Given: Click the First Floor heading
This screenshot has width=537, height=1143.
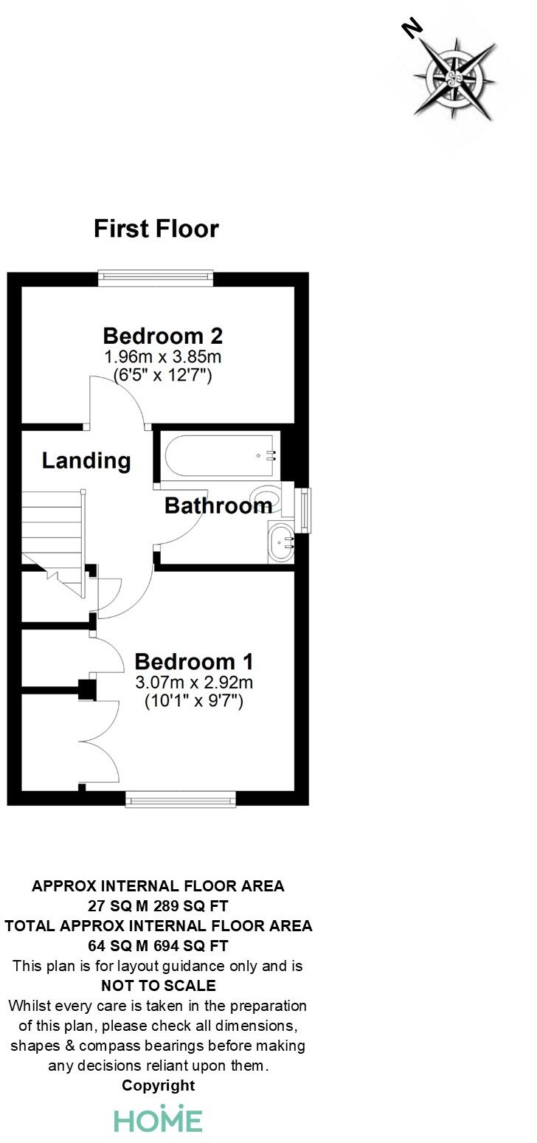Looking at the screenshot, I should click(x=156, y=229).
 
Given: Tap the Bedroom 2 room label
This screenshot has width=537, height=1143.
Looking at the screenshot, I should click(x=162, y=336).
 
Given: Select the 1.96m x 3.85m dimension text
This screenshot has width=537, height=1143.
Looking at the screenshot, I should click(x=162, y=357).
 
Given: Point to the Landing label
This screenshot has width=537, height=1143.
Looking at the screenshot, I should click(x=86, y=461).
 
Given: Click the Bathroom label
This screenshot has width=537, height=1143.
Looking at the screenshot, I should click(x=218, y=505).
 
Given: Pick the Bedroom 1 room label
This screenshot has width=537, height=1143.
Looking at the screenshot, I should click(x=194, y=661).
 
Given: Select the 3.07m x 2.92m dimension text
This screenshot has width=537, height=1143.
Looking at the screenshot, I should click(x=194, y=683).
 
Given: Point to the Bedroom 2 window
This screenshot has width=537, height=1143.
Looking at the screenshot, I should click(x=156, y=278).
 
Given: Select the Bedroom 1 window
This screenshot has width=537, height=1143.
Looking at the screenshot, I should click(x=181, y=798).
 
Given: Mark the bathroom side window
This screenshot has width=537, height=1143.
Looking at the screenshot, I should click(x=305, y=509).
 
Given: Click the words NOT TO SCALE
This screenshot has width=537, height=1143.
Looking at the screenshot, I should click(x=158, y=986).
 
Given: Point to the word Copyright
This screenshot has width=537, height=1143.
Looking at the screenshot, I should click(x=158, y=1085).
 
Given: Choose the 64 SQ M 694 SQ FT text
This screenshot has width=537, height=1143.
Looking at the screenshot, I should click(x=158, y=946).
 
